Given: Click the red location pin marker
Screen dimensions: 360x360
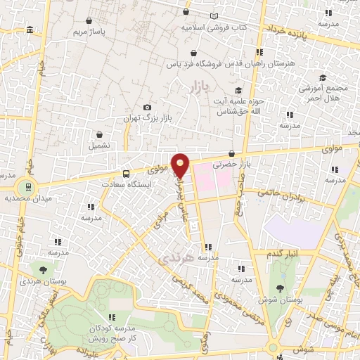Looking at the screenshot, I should click(x=181, y=165).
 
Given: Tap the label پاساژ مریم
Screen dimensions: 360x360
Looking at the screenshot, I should click(x=89, y=32).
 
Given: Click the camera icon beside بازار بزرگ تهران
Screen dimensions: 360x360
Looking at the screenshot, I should click(x=147, y=107).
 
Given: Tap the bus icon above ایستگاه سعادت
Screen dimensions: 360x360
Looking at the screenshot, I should click(x=126, y=173).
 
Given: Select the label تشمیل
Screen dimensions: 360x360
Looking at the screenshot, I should click(x=99, y=145).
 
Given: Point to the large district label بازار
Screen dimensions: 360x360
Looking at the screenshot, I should click(x=200, y=88).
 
